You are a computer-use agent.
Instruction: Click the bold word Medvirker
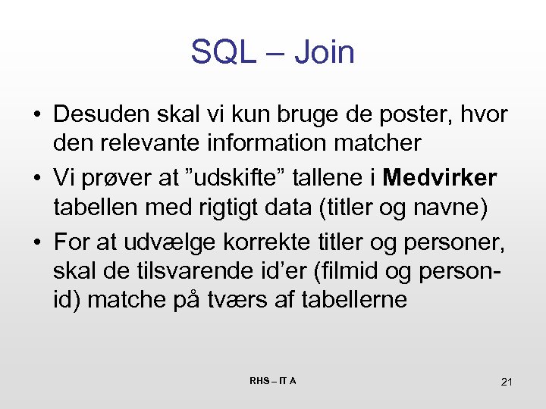click(440, 178)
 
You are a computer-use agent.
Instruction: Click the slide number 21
click(507, 382)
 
